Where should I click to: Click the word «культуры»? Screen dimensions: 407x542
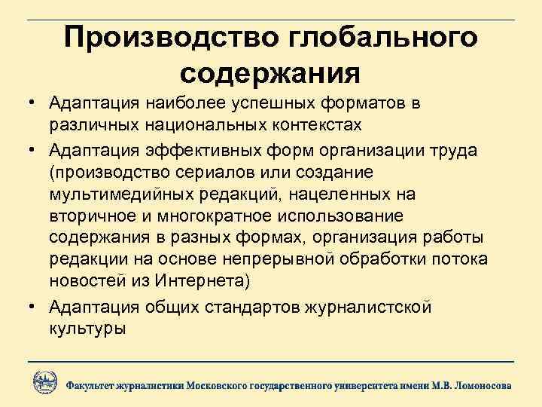(87, 329)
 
